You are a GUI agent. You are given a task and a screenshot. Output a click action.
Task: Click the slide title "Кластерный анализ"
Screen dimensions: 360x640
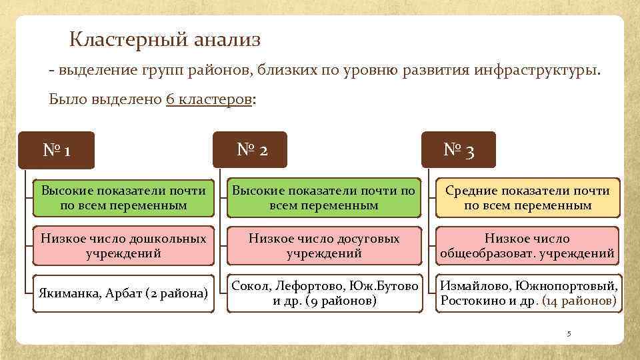[x=165, y=40]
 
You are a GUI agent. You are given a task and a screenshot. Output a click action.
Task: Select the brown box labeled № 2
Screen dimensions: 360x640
[x=253, y=150]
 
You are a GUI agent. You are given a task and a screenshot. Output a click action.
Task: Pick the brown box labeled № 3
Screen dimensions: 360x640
[x=459, y=150]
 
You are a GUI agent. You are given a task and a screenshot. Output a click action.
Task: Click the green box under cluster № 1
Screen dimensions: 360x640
[x=124, y=198]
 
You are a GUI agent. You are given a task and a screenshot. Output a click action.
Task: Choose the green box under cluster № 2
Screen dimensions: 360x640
[x=324, y=198]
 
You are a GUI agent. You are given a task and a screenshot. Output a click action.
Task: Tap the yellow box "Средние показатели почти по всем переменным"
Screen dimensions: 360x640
[x=527, y=198]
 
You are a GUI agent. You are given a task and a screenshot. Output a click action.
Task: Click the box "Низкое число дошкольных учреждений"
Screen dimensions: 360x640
[x=124, y=246]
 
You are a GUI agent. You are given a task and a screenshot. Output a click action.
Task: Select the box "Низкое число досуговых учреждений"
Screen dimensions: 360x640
[x=324, y=246]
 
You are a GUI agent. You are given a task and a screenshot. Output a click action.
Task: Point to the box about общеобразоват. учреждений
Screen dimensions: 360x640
[x=527, y=246]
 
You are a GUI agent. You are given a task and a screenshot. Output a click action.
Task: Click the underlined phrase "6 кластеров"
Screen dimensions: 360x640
[x=209, y=99]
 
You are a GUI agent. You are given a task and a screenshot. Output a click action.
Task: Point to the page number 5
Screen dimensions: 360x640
[x=569, y=333]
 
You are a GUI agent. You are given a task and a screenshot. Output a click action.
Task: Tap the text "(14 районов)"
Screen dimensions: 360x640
[x=579, y=301]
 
